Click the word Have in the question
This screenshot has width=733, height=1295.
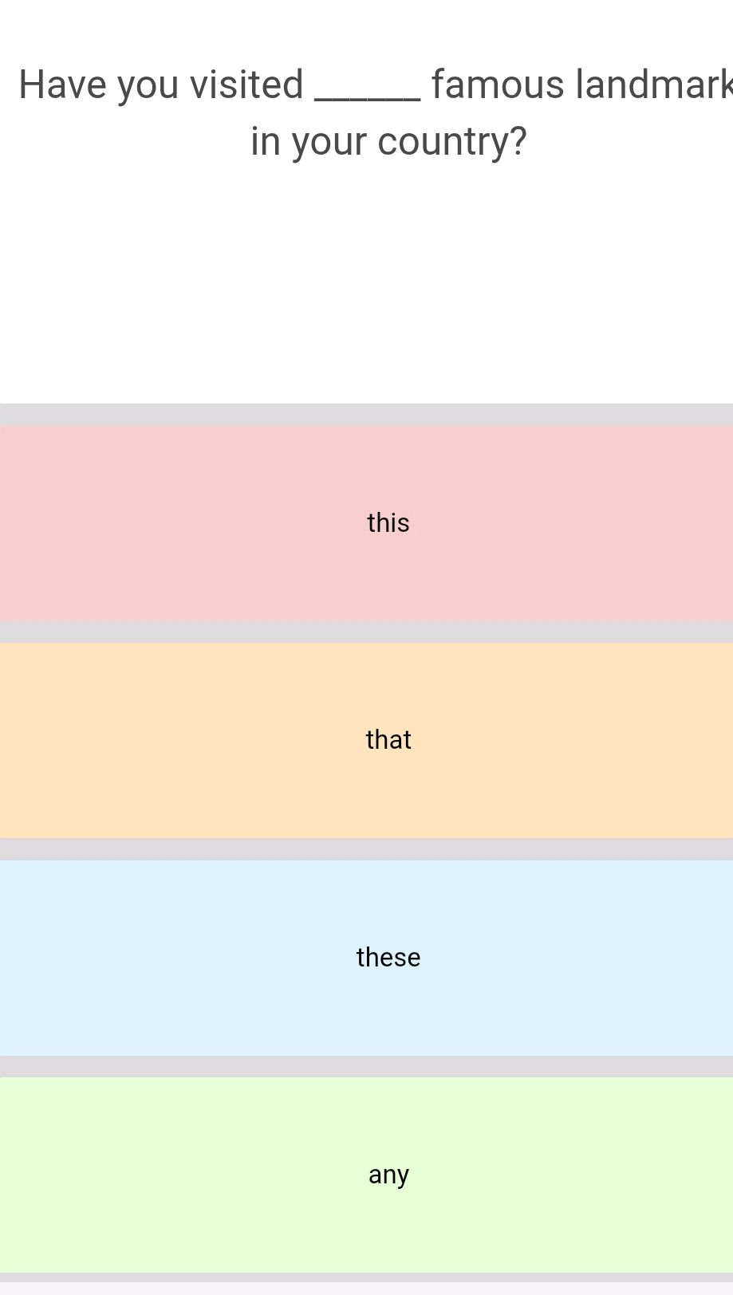62,85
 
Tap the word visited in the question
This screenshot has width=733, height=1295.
246,85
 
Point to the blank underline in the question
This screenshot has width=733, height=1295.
368,100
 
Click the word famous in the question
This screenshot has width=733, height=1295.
498,85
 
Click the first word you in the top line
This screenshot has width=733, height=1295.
148,88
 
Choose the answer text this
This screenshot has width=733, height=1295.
388,522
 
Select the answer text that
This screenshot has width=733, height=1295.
388,739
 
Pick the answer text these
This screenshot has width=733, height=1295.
388,957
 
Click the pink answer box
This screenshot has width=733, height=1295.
367,524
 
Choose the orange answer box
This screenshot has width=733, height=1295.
367,741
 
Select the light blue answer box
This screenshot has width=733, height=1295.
367,958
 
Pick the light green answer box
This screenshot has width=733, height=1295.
367,1175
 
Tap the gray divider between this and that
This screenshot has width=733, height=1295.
367,632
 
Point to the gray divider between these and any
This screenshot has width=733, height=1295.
367,1067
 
